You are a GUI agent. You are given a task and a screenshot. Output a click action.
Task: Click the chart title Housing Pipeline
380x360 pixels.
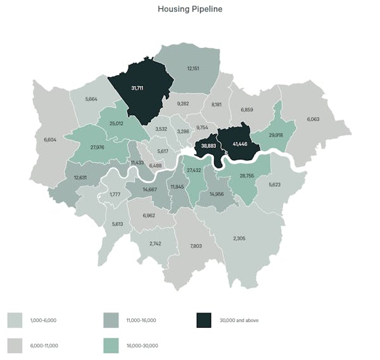tap(189, 9)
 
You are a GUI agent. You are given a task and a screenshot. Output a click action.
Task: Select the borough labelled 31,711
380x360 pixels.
tap(137, 87)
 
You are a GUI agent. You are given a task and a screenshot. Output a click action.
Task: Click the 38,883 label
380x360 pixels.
tap(206, 145)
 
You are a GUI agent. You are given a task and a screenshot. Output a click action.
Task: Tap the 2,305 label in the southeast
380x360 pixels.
tap(239, 238)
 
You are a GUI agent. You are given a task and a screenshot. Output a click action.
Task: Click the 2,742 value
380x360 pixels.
tap(155, 243)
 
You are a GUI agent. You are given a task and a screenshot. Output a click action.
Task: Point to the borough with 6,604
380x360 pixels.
tap(51, 139)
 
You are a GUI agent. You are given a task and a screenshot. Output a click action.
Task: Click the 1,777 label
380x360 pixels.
tap(115, 194)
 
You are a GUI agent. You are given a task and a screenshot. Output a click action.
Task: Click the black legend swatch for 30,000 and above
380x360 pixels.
tap(203, 320)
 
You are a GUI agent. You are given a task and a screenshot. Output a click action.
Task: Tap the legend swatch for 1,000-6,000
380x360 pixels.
tap(16, 320)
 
